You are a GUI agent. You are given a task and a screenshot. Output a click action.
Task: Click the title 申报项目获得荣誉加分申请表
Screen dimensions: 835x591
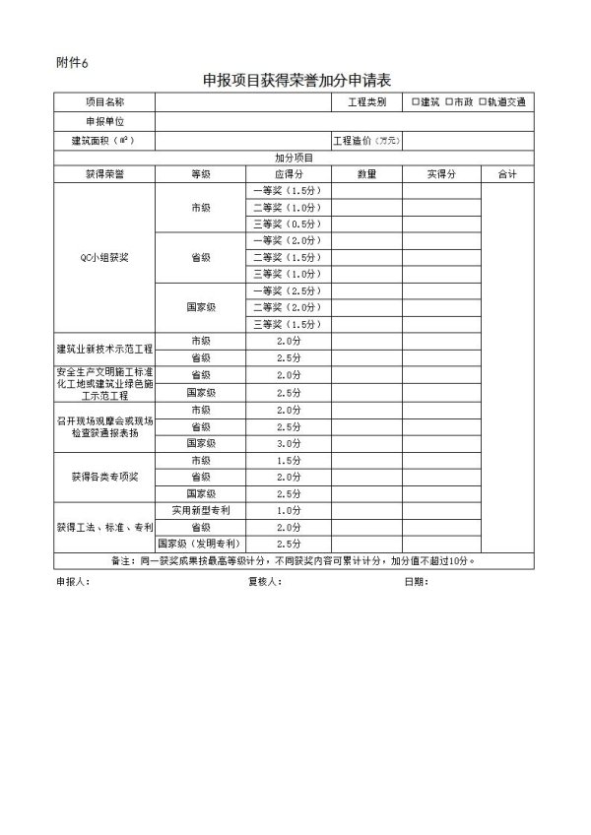click(295, 81)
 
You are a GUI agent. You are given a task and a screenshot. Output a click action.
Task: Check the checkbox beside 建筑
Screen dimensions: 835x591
click(416, 101)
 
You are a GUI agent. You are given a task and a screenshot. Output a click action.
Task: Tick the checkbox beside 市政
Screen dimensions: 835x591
click(448, 101)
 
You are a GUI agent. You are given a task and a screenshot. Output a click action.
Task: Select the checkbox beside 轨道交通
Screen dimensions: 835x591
click(483, 101)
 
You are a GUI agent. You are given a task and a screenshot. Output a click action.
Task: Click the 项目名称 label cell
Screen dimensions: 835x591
click(104, 102)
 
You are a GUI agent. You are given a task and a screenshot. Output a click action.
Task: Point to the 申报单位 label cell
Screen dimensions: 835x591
click(104, 121)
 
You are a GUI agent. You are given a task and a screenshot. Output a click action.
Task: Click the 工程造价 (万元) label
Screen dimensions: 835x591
click(366, 141)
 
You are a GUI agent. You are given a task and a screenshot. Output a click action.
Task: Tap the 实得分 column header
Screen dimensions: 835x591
click(440, 173)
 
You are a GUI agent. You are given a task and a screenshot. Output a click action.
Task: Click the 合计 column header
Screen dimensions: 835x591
click(507, 173)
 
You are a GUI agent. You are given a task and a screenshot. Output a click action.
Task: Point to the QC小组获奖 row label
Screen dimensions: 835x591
click(104, 257)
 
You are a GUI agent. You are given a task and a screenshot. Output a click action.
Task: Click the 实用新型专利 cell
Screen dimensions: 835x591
click(200, 510)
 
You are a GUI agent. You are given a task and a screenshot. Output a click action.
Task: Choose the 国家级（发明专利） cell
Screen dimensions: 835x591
click(200, 544)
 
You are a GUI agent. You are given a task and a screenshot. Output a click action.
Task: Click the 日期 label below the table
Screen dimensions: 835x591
click(416, 581)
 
